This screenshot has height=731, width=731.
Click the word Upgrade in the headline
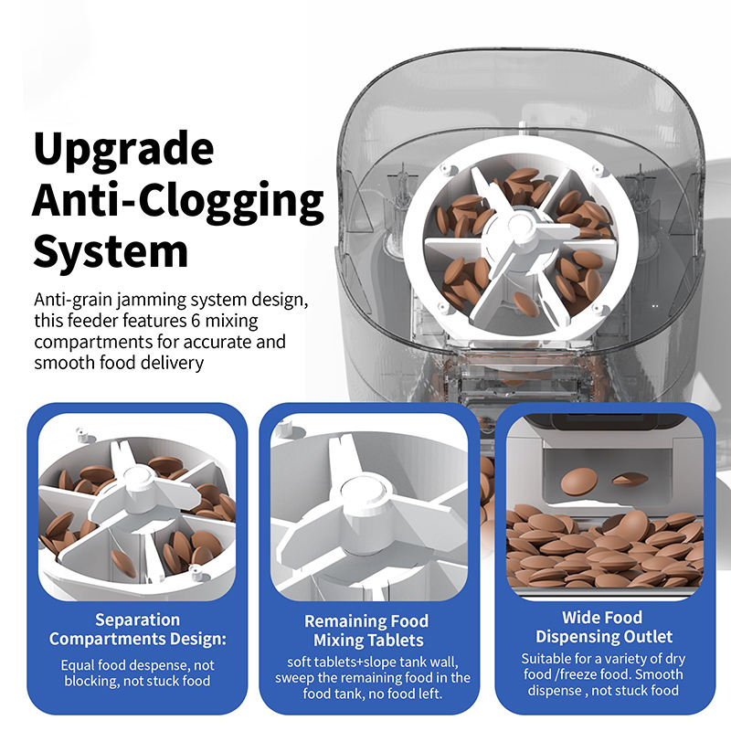(123, 150)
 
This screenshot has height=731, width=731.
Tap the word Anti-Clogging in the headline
(178, 200)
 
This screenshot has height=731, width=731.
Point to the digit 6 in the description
(196, 322)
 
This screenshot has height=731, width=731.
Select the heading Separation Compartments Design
(138, 629)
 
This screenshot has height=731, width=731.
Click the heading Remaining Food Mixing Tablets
(367, 630)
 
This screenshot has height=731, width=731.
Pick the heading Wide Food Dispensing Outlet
(603, 627)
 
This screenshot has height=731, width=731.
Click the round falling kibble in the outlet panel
(579, 482)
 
